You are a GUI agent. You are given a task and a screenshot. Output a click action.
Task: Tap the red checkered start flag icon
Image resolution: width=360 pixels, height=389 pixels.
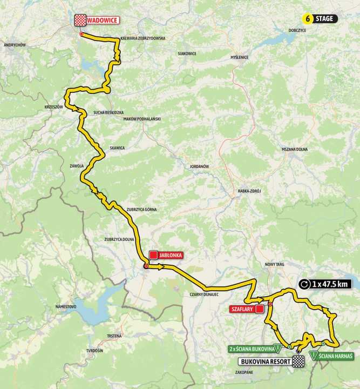80,20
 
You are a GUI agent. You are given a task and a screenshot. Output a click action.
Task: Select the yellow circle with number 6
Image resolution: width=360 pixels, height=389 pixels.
308,18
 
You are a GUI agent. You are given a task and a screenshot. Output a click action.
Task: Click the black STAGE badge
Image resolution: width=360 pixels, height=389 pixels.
325,18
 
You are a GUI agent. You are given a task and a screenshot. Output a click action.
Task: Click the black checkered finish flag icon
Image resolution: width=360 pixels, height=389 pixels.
297,361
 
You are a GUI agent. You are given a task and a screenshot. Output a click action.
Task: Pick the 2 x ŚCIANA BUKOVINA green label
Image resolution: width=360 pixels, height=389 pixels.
251,348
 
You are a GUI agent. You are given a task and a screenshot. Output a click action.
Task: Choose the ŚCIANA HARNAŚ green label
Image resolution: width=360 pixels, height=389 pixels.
336,356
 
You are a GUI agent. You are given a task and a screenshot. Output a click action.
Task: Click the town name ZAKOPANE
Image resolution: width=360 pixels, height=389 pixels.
244,372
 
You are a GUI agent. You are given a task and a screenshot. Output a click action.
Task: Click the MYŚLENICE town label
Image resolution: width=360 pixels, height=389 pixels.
240,57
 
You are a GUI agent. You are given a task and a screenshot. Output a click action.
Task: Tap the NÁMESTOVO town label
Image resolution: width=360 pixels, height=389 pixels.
66,306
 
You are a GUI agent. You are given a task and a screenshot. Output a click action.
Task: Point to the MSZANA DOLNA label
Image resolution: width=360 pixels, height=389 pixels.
294,149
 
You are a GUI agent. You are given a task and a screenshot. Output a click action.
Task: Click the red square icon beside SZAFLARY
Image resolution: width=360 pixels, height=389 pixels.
259,308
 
